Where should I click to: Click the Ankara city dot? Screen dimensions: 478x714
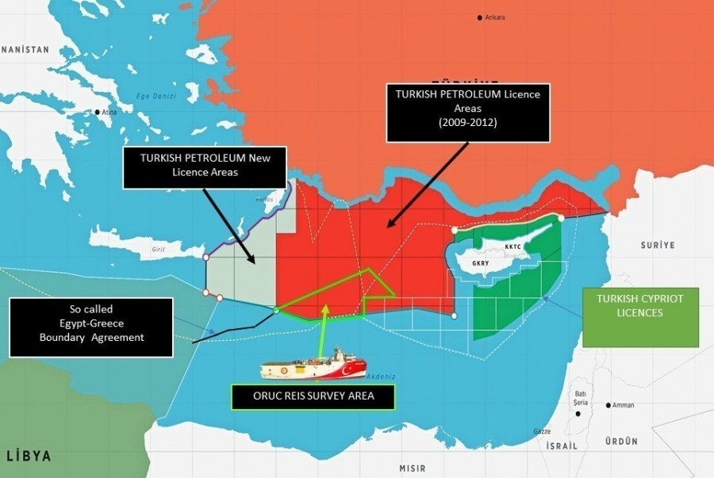480,17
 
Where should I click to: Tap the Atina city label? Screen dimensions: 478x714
109,113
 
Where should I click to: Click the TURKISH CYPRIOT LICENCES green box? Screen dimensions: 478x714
641,317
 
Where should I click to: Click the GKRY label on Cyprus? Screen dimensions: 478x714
481,263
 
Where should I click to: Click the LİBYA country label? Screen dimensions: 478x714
29,456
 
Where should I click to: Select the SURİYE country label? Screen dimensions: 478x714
657,246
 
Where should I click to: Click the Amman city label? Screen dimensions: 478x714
623,405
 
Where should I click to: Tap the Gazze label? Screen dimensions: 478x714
542,431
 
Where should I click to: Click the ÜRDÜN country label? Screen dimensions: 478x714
621,441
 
